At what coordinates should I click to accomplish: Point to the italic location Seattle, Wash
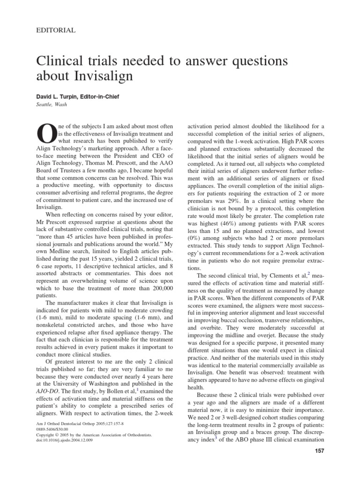(52, 104)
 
